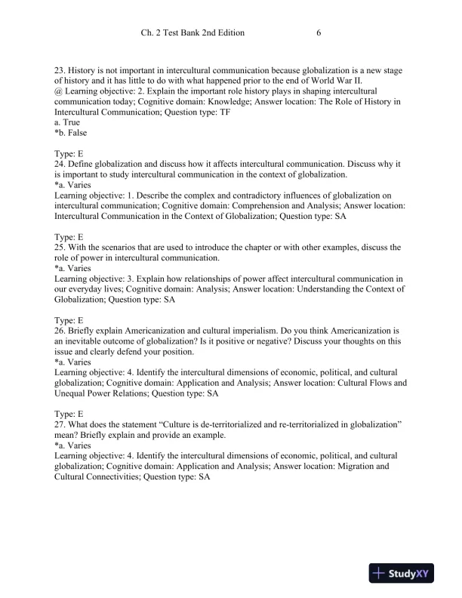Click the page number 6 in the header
(x=319, y=33)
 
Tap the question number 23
(x=60, y=69)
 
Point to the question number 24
(x=60, y=165)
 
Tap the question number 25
(x=60, y=247)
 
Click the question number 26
(x=60, y=330)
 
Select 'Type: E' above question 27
(x=69, y=414)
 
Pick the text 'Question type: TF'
(x=193, y=112)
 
